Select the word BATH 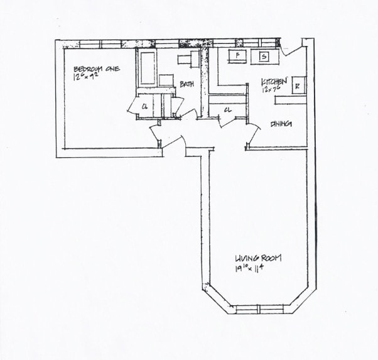pos(186,84)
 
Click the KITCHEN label pos(274,82)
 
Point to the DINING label pos(281,124)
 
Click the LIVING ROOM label pos(257,258)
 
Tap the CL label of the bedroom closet pos(144,106)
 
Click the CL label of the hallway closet pos(227,111)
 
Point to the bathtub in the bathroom pos(147,68)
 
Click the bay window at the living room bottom pos(258,309)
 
